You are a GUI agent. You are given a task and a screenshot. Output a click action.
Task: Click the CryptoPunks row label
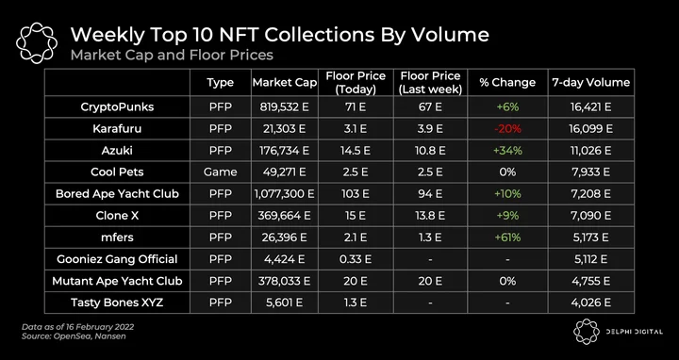coord(117,106)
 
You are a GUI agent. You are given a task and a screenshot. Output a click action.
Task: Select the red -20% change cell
coord(507,129)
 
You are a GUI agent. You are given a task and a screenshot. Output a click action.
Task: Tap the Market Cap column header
coord(285,82)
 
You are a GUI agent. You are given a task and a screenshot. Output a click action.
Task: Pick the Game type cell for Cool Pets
coord(220,172)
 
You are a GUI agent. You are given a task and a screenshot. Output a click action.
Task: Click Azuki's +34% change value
coord(507,151)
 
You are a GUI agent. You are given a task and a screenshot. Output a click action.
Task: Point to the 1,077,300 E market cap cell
coord(285,194)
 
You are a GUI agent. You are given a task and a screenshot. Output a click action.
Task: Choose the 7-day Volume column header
coord(590,82)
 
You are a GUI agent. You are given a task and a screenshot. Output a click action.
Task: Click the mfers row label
coord(117,237)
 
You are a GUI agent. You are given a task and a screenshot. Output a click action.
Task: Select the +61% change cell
coord(507,237)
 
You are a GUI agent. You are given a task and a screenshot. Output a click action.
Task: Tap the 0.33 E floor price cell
coord(356,259)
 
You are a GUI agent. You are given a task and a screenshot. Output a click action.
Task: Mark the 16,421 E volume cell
coord(590,106)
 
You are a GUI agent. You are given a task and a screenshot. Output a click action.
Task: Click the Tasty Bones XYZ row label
coord(117,303)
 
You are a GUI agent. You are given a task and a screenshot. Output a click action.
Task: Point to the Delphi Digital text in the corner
coord(634,332)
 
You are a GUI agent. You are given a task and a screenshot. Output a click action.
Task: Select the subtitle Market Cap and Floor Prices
coord(172,56)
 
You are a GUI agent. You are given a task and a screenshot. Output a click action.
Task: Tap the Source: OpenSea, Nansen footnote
coord(74,336)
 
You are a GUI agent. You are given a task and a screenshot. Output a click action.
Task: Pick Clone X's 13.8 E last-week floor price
coord(430,216)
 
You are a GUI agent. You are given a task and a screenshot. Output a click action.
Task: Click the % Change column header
coord(507,82)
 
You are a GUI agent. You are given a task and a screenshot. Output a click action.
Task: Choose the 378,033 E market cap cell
coord(285,281)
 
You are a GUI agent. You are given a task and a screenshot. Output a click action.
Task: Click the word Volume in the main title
coord(451,35)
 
